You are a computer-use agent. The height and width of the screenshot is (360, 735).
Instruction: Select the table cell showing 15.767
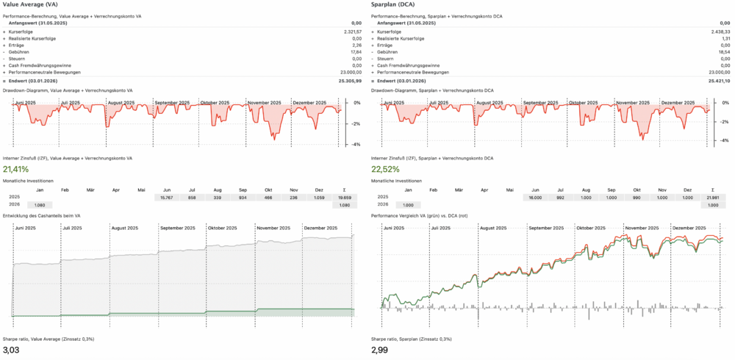tap(167, 198)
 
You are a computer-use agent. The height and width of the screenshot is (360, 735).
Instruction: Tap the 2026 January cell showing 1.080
tap(40, 205)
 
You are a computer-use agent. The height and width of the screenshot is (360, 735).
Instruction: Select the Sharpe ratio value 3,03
tap(12, 350)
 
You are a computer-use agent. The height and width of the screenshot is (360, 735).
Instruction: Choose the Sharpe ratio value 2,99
tap(381, 350)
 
